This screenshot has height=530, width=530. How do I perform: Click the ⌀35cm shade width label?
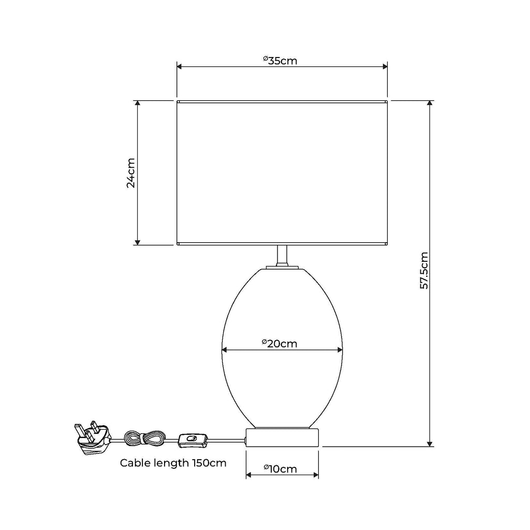coord(280,61)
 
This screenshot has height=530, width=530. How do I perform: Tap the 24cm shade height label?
coord(131,173)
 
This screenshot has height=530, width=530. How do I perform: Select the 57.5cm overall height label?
coord(424,270)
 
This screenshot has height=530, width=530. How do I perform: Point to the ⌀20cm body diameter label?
coord(279,344)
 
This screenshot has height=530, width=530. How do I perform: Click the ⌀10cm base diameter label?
coord(280,469)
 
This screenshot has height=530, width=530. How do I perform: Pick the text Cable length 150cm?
coord(173,463)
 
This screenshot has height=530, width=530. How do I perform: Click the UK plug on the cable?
coord(92,438)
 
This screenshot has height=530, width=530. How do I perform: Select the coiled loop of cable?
coord(144,439)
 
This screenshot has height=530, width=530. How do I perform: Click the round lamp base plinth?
coord(282,437)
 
